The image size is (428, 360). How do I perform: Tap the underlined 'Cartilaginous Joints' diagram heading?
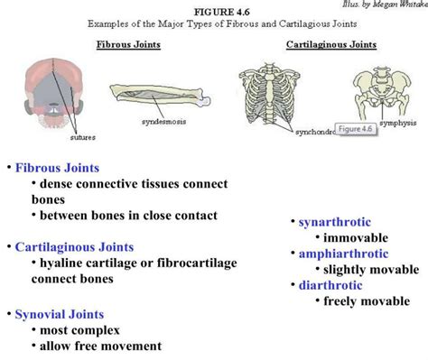tap(331, 43)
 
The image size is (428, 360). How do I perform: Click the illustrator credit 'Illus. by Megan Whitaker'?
tap(391, 4)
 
